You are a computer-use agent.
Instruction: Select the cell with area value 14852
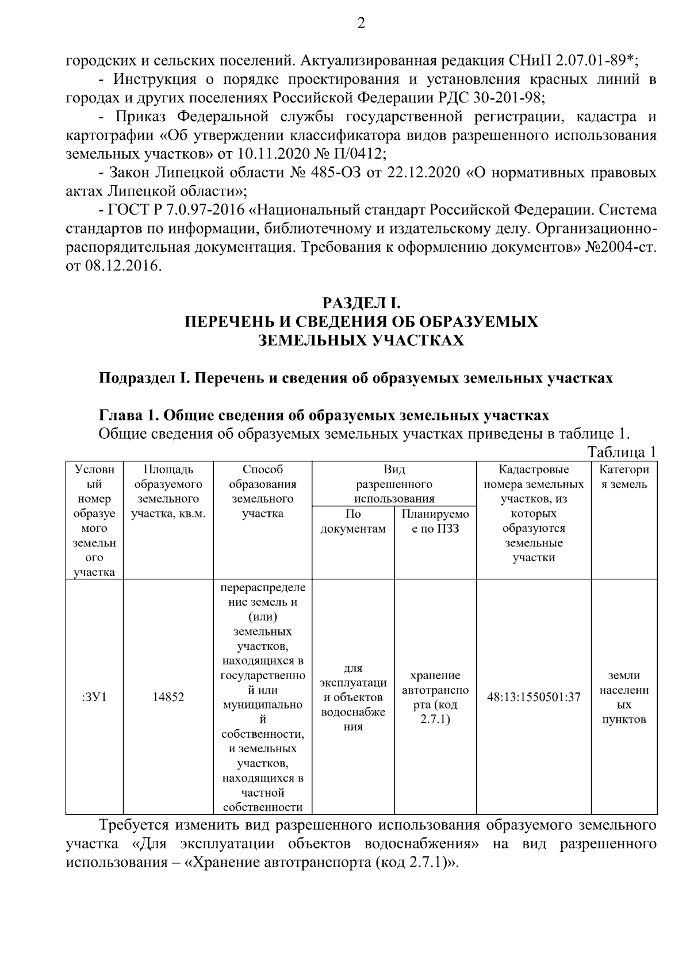[168, 697]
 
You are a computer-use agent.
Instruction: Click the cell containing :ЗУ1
[94, 697]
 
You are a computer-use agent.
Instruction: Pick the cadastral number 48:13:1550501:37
[534, 697]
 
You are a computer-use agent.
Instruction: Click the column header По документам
[353, 521]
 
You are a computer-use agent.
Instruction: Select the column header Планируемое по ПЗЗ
[435, 521]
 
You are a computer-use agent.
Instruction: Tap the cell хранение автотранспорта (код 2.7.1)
[435, 697]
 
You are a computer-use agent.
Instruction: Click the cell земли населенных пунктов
[624, 697]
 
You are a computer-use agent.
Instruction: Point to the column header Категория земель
[624, 477]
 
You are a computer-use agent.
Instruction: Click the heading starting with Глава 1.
[324, 415]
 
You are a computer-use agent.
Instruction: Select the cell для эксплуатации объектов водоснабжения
[353, 697]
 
